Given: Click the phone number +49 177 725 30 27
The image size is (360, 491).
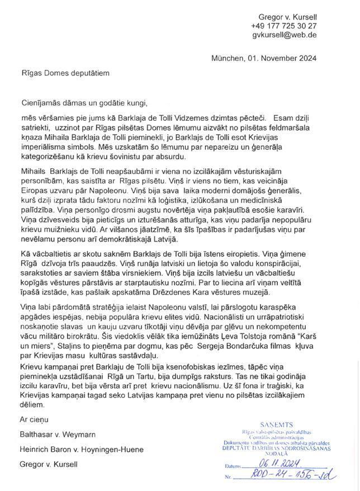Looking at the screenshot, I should (283, 26).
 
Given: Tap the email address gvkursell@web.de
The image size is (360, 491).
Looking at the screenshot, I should (285, 35).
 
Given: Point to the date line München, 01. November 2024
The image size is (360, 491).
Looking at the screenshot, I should (264, 58).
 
